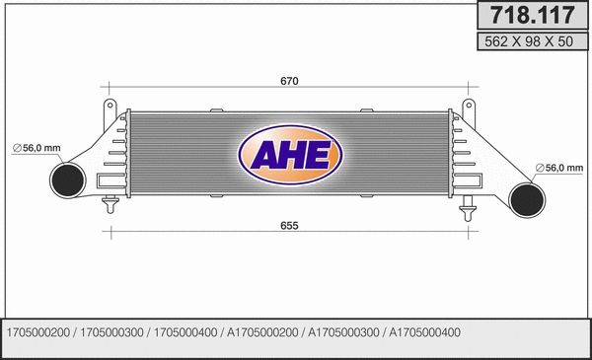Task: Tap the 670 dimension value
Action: pos(289,81)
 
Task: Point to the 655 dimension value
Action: pos(289,226)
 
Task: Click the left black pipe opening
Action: pos(65,180)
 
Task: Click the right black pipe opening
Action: pos(528,199)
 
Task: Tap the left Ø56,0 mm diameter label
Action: pos(37,148)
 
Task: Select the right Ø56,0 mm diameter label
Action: pos(558,168)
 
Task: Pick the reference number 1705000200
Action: pos(38,331)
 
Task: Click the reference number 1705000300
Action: pos(111,331)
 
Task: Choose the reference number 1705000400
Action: pos(185,331)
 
